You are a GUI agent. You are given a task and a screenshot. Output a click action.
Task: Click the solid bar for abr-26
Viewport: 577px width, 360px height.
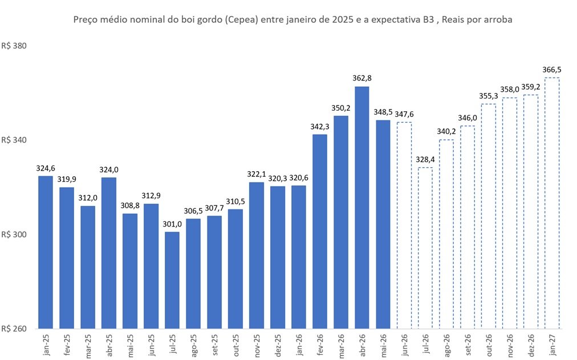(x=361, y=208)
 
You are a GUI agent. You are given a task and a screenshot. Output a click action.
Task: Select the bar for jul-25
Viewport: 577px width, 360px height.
(x=172, y=280)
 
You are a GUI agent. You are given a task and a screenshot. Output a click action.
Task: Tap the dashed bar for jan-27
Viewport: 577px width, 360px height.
(x=551, y=203)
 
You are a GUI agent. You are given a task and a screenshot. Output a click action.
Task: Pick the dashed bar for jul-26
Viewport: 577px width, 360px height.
(x=425, y=248)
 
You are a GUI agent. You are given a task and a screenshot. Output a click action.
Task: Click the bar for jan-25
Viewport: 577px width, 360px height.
(x=46, y=252)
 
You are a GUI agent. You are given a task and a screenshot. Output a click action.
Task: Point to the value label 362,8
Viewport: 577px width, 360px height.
(x=362, y=78)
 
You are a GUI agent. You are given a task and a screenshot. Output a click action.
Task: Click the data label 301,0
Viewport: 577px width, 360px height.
(x=172, y=224)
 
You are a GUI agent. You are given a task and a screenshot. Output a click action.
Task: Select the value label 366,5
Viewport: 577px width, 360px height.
(x=552, y=70)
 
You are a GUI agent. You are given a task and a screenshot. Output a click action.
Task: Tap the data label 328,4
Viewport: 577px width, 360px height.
(x=425, y=159)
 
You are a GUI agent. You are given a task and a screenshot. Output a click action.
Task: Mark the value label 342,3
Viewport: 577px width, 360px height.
(x=320, y=127)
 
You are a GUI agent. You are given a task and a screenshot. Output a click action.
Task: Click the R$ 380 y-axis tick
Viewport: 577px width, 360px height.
(x=14, y=46)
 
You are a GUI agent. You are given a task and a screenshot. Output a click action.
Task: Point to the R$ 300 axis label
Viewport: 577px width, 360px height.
(x=14, y=234)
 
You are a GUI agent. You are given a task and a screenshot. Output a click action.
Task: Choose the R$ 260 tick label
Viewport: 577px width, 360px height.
(x=14, y=329)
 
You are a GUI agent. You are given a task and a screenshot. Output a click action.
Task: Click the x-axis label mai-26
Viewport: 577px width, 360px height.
(x=384, y=345)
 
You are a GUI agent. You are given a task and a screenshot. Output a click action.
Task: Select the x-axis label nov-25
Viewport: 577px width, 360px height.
(x=257, y=345)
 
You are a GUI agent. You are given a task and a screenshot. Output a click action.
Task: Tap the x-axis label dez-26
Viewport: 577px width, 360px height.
(x=531, y=345)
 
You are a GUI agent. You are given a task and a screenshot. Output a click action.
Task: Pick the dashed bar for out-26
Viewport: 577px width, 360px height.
(x=488, y=216)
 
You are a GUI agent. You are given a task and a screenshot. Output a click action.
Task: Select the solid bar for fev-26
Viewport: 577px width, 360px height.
(x=320, y=232)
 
